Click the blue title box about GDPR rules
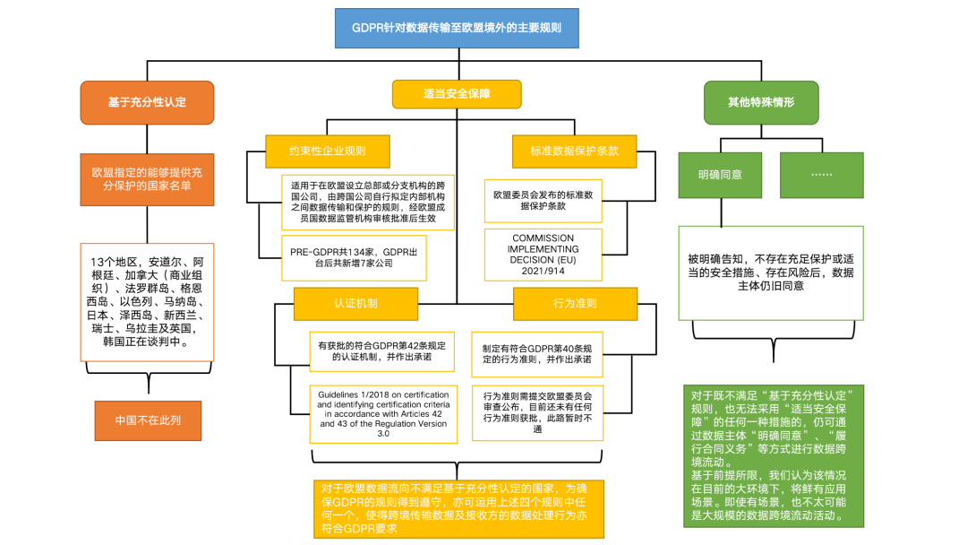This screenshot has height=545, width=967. click(457, 28)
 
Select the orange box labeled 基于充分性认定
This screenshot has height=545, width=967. click(147, 101)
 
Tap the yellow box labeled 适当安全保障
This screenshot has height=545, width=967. click(457, 94)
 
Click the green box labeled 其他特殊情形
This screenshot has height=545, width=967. click(760, 101)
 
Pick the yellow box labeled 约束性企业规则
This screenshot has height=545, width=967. click(327, 151)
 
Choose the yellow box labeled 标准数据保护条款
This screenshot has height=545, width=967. click(574, 151)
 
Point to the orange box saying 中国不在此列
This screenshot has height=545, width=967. click(147, 420)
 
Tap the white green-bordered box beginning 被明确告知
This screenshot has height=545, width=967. click(771, 272)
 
